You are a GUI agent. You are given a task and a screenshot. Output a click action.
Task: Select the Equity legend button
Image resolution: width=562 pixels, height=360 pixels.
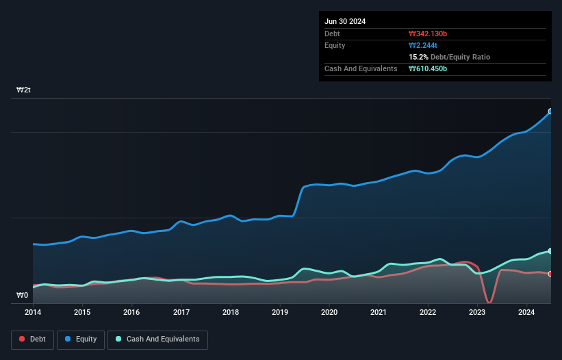pyautogui.click(x=81, y=339)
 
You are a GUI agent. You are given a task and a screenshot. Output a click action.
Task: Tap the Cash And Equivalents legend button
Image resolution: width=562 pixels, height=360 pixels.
pyautogui.click(x=157, y=339)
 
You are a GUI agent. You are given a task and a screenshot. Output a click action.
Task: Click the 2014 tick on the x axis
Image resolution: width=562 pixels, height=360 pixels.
pyautogui.click(x=33, y=313)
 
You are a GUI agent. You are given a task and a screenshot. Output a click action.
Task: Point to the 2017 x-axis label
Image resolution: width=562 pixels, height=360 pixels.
pyautogui.click(x=181, y=313)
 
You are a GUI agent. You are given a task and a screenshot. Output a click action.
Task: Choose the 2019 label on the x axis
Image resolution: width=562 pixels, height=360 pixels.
pyautogui.click(x=280, y=313)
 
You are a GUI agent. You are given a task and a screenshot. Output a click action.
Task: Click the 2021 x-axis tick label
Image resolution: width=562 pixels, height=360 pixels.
pyautogui.click(x=379, y=313)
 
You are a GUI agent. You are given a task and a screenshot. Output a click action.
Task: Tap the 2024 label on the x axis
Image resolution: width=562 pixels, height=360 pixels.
pyautogui.click(x=526, y=313)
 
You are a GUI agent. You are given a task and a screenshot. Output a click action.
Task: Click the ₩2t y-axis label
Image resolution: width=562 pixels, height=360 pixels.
pyautogui.click(x=24, y=90)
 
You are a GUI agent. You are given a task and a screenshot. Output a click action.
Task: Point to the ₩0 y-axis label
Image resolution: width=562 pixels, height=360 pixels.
pyautogui.click(x=23, y=296)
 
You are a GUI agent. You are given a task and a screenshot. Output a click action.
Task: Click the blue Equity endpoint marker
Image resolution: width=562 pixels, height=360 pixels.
pyautogui.click(x=550, y=111)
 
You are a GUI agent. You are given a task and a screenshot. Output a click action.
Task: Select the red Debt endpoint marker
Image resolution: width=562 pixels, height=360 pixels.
pyautogui.click(x=550, y=274)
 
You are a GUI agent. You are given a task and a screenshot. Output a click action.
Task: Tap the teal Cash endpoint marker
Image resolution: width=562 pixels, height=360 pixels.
pyautogui.click(x=550, y=251)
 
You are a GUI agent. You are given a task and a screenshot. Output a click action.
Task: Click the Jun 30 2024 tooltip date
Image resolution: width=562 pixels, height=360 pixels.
pyautogui.click(x=345, y=21)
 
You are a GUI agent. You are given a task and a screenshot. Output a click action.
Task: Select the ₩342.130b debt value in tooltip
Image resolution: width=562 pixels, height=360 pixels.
pyautogui.click(x=428, y=34)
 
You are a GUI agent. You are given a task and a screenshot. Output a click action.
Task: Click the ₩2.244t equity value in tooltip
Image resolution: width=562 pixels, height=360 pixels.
pyautogui.click(x=422, y=45)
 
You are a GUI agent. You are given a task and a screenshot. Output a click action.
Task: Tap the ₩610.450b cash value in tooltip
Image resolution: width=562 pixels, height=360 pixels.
pyautogui.click(x=428, y=68)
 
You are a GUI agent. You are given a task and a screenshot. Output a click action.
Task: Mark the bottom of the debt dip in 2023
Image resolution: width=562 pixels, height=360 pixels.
pyautogui.click(x=489, y=302)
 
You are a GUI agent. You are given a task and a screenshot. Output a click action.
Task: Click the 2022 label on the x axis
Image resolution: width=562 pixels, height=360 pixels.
pyautogui.click(x=428, y=313)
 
